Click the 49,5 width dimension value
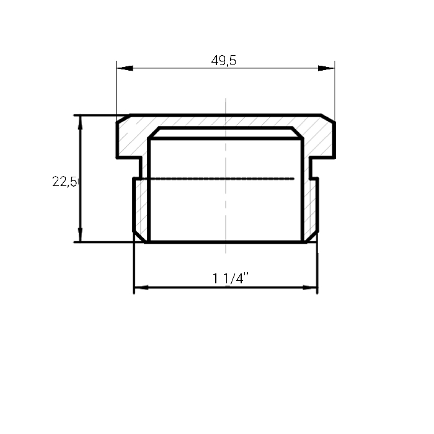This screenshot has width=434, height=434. tap(224, 60)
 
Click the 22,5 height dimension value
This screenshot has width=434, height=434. tap(64, 182)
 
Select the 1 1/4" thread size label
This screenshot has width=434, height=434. tap(231, 278)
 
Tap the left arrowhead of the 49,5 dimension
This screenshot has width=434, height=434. tap(125, 68)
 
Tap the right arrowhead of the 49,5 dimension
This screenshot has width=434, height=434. tap(326, 68)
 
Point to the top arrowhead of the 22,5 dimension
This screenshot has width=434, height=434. tap(80, 123)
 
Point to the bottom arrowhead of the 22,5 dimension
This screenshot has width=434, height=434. tap(80, 234)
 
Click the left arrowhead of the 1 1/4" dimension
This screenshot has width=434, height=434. tap(141, 288)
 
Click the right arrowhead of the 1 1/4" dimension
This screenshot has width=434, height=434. tap(310, 288)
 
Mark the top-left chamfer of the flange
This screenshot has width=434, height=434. tap(123, 118)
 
